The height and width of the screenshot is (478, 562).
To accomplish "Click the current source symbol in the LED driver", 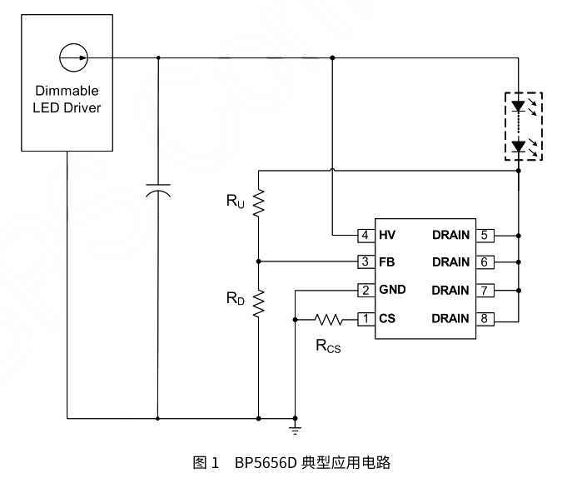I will click(72, 57).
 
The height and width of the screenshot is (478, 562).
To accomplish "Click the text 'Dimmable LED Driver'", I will click(67, 99).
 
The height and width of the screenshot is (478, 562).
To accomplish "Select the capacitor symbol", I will click(157, 189).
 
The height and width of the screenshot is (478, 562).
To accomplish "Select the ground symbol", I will click(294, 428).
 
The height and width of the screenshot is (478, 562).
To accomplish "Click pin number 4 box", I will click(365, 234).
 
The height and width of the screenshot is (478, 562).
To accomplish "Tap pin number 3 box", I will click(365, 262).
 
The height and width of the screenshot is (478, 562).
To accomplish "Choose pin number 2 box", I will click(365, 291).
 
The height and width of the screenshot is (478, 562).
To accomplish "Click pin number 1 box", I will click(365, 318).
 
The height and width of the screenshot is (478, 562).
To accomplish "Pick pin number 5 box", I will click(486, 234).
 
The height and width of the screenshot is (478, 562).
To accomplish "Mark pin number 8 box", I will click(486, 318).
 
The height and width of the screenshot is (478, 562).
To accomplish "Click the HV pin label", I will click(387, 234).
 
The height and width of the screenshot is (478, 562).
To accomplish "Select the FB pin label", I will click(386, 262).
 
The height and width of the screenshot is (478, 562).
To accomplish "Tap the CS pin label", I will click(386, 318).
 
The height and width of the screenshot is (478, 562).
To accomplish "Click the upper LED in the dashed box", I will click(519, 107).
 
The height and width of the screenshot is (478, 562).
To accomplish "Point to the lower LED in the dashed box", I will click(519, 147).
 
